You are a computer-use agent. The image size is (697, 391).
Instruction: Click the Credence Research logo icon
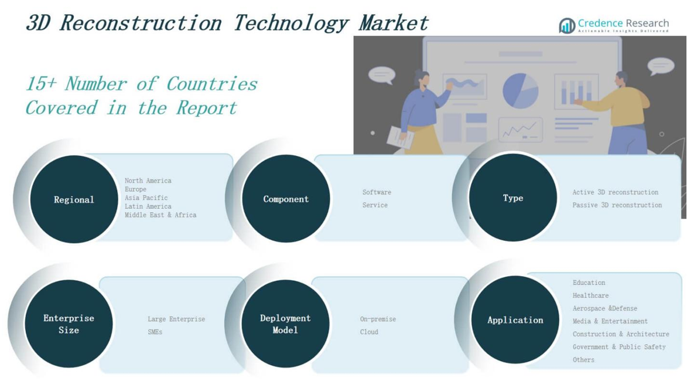[x=567, y=25]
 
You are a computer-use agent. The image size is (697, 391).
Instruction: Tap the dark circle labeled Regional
[x=74, y=199]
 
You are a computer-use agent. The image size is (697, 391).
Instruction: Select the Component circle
[x=286, y=199]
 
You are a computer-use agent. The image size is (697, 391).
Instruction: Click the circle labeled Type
[x=513, y=198]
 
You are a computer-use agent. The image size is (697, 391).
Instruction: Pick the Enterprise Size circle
[x=69, y=324]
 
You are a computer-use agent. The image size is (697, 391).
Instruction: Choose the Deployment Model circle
[x=285, y=324]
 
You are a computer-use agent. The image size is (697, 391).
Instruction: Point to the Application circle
[x=515, y=320]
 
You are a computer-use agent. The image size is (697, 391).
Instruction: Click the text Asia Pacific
[x=146, y=198]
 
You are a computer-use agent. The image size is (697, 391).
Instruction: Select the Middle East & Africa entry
[x=160, y=215]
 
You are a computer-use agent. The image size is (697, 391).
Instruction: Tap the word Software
[x=377, y=192]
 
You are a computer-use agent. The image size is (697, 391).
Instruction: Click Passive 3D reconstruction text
[x=617, y=205]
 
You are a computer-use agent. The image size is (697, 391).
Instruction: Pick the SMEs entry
[x=155, y=332]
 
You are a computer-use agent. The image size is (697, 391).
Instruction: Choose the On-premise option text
[x=378, y=319]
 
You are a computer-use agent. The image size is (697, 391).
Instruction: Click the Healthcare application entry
[x=591, y=295]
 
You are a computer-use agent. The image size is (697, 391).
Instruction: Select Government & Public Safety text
[x=619, y=347]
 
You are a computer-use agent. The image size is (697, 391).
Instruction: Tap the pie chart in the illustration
[x=520, y=91]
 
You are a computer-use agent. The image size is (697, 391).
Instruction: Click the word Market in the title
[x=394, y=23]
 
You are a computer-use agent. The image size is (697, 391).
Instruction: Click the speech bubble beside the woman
[x=382, y=75]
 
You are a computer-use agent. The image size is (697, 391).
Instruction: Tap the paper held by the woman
[x=401, y=137]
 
